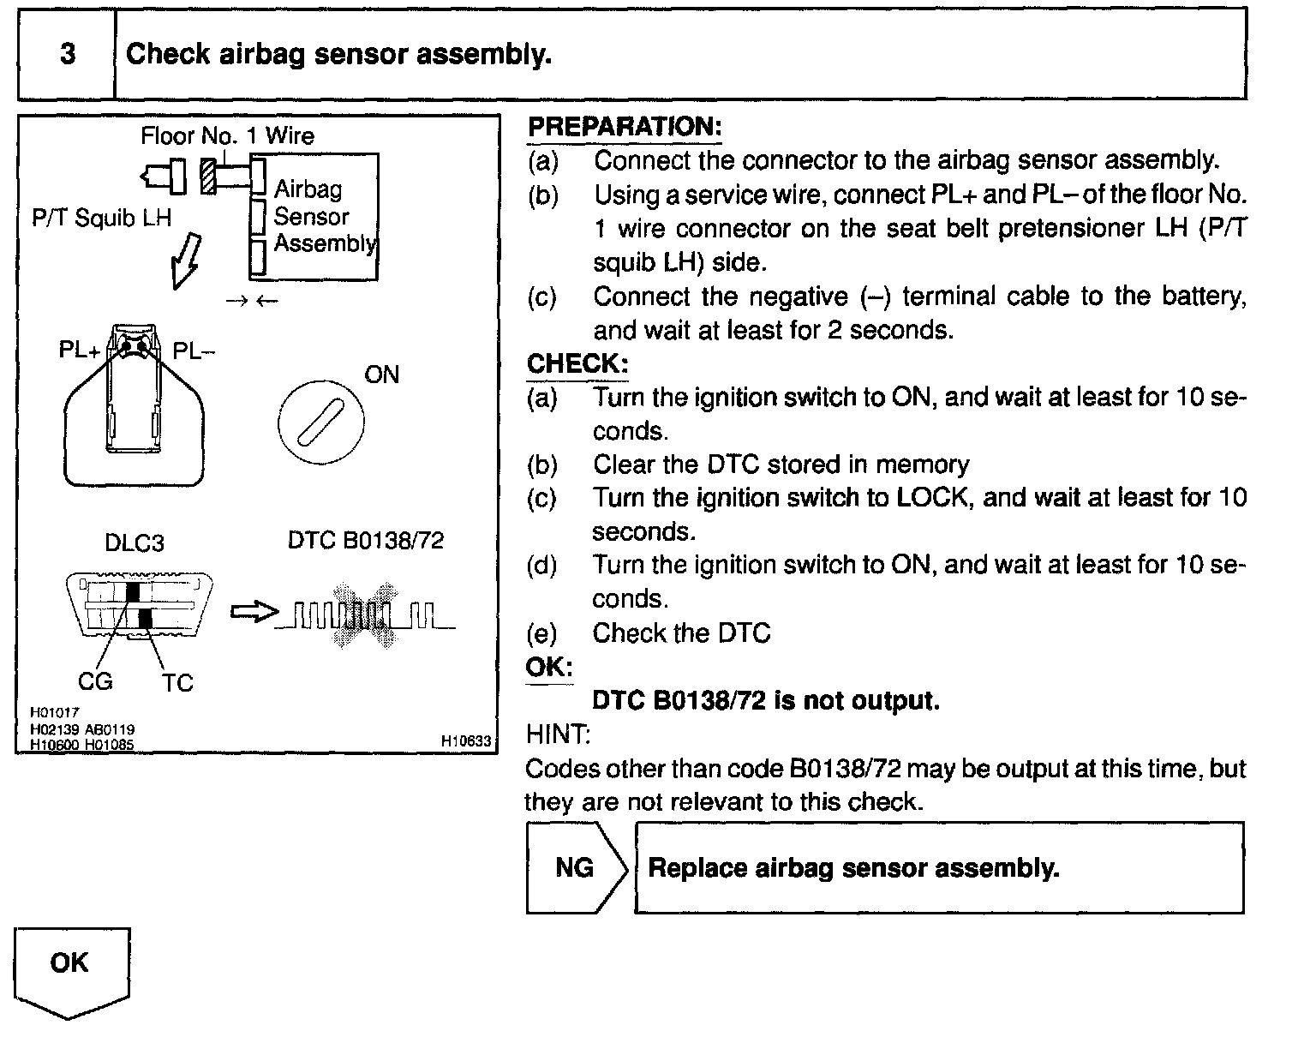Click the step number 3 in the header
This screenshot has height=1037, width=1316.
[x=67, y=54]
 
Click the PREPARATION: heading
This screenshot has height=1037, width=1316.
[x=624, y=127]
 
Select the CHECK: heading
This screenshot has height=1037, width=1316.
[x=577, y=363]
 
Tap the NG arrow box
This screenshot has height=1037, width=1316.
[x=576, y=867]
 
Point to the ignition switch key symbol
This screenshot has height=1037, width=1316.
[x=320, y=423]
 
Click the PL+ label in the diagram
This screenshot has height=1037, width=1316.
[x=79, y=351]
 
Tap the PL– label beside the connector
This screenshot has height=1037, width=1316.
[x=194, y=351]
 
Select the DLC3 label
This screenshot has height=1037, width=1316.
[x=134, y=543]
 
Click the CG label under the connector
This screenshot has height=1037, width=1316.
[x=94, y=681]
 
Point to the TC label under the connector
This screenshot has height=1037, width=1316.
[x=177, y=683]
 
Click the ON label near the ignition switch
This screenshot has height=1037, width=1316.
[x=381, y=375]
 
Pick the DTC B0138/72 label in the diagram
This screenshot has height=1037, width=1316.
[x=366, y=540]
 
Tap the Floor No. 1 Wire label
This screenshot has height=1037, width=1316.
[x=227, y=135]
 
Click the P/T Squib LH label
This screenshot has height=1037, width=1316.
[x=101, y=219]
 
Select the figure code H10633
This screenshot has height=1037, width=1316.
[x=466, y=740]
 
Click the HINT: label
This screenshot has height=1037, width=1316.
[x=557, y=734]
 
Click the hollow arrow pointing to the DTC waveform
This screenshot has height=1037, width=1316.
[x=254, y=612]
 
